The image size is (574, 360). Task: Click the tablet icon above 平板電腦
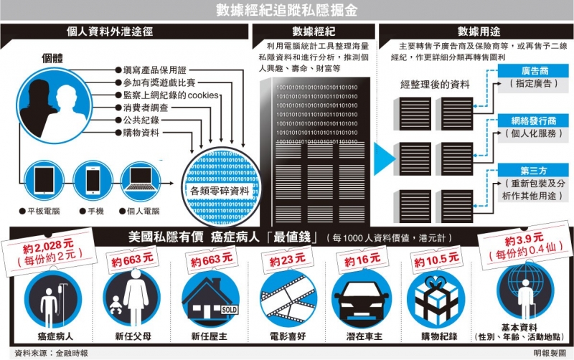[44, 181]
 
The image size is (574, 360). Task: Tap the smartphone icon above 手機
[93, 181]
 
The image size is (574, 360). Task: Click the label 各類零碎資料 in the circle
[220, 191]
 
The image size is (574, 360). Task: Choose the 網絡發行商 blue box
[534, 120]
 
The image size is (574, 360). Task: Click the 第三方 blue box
[534, 171]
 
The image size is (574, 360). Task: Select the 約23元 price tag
[288, 260]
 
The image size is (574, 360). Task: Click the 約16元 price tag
[362, 260]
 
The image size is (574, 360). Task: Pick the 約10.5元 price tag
[436, 260]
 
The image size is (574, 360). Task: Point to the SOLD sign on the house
[229, 310]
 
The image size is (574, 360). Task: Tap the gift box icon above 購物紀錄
[436, 300]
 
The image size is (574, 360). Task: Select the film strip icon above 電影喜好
[288, 299]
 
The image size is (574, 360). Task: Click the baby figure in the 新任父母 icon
[116, 305]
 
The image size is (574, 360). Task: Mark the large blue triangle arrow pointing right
[385, 158]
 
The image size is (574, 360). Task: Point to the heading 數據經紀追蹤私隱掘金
[286, 10]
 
